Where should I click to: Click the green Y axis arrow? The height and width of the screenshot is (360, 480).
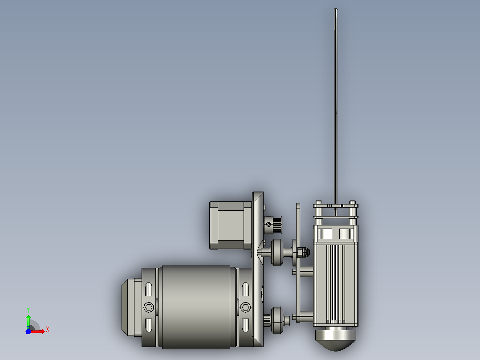coord(28,321)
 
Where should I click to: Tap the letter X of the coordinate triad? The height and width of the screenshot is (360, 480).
coord(48,330)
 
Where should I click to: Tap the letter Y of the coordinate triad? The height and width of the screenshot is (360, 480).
coord(28,310)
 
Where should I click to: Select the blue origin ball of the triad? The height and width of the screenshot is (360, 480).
coord(28,331)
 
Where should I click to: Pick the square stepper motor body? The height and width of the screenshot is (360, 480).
coord(231,225)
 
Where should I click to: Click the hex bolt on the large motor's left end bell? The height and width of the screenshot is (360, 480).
coord(149,307)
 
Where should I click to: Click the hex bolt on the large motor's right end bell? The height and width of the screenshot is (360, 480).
coord(245,307)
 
